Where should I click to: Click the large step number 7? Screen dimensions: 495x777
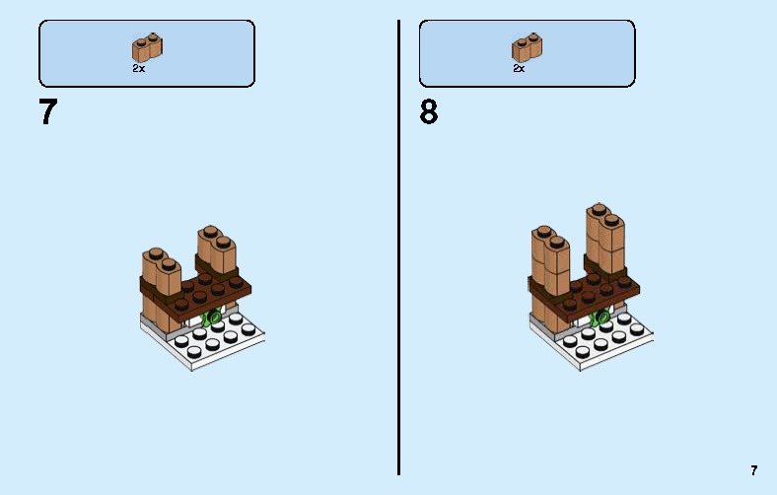click(x=47, y=112)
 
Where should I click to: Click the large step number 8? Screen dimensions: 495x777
click(x=429, y=112)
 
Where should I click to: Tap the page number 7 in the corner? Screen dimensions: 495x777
click(x=754, y=471)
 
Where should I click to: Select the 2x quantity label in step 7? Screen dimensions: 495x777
click(x=139, y=69)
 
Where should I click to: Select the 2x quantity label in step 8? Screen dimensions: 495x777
click(x=519, y=69)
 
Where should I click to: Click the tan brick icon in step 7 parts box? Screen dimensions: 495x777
click(x=147, y=47)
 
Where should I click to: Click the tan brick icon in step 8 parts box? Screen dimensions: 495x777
click(x=527, y=47)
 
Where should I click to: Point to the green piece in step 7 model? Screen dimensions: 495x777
click(x=209, y=318)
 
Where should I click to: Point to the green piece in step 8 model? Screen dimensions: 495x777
click(x=598, y=318)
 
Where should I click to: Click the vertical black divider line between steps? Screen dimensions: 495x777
click(x=399, y=247)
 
